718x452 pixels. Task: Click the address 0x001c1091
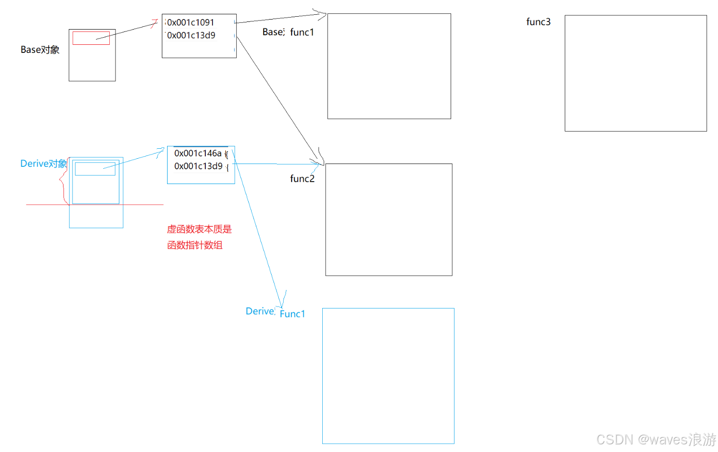coord(190,22)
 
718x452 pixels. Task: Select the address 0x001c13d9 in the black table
coord(191,35)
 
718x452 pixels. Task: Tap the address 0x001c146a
coord(198,153)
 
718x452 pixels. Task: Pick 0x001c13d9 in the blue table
coord(198,166)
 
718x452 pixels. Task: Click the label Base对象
coord(40,50)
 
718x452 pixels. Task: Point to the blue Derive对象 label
coord(43,164)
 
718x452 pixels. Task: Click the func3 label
coord(538,22)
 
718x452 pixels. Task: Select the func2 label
coord(302,179)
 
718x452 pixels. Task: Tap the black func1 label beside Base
coord(302,32)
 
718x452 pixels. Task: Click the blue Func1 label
coord(292,314)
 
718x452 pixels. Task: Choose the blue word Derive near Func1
coord(260,311)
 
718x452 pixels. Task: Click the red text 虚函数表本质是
coord(199,229)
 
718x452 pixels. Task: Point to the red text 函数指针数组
coord(195,245)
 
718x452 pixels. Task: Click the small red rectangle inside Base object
coord(91,38)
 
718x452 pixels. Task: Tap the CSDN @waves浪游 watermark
coord(656,439)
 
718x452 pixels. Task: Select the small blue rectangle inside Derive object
coord(95,169)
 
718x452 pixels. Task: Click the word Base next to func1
coord(273,32)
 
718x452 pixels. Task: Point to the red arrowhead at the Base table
coord(155,22)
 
